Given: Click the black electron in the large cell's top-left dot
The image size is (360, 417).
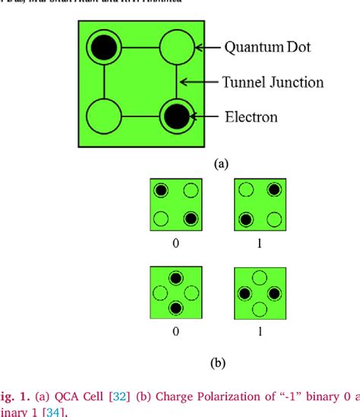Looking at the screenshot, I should pos(101,49).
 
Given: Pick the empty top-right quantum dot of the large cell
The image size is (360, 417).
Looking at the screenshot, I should pos(176,47).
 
